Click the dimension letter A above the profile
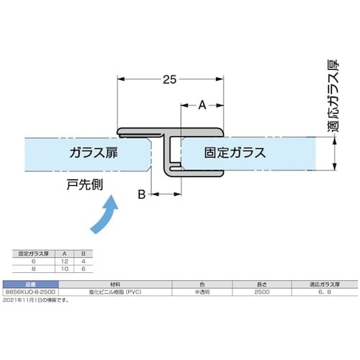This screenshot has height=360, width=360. tap(202, 105)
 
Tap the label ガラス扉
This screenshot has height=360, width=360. tap(94, 153)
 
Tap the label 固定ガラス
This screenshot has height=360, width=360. tap(235, 153)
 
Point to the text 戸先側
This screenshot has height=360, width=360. tap(82, 185)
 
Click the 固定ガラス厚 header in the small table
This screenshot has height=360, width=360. tap(32, 253)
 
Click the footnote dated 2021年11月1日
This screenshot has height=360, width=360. tap(36, 300)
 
